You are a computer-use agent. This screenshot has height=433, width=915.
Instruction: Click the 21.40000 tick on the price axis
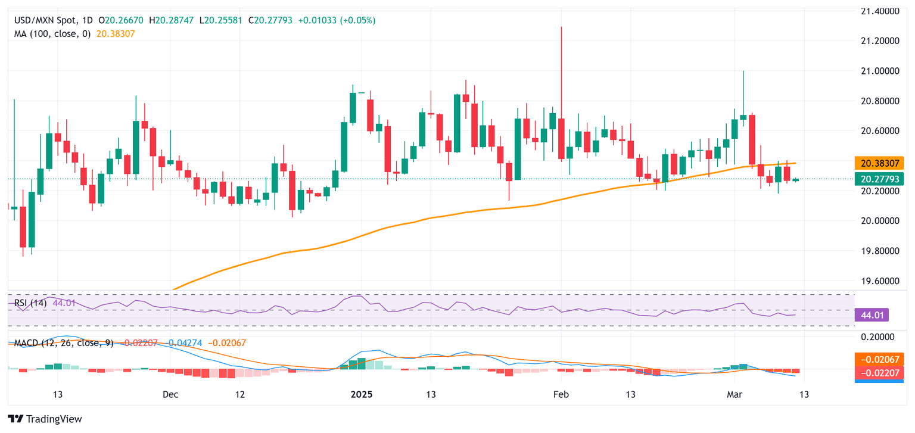pyautogui.click(x=880, y=11)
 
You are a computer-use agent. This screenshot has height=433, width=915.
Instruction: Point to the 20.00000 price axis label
pyautogui.click(x=880, y=221)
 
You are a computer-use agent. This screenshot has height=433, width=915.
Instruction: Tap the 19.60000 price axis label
pyautogui.click(x=880, y=281)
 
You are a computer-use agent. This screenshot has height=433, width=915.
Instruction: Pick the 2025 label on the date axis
pyautogui.click(x=362, y=394)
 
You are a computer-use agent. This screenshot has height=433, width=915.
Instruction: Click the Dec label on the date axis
pyautogui.click(x=170, y=394)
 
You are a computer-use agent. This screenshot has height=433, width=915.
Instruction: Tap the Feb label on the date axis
pyautogui.click(x=561, y=394)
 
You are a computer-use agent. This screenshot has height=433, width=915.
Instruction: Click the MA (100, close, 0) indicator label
pyautogui.click(x=52, y=34)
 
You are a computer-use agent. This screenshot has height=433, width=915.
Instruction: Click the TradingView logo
pyautogui.click(x=45, y=419)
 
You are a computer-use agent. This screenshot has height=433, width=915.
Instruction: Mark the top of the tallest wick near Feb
pyautogui.click(x=561, y=27)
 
